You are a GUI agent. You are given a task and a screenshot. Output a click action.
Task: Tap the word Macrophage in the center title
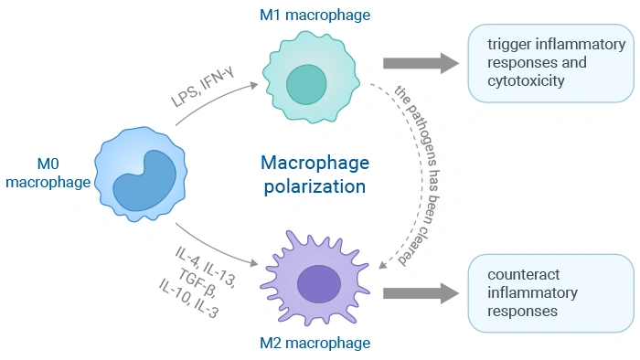315,164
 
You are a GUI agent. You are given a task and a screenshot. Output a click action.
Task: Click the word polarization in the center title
315,186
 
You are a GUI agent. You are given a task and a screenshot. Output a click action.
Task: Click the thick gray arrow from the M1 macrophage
420,63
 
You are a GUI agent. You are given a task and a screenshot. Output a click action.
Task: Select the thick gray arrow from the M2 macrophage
420,293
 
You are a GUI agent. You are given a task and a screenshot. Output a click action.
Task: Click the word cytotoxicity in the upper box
526,81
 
